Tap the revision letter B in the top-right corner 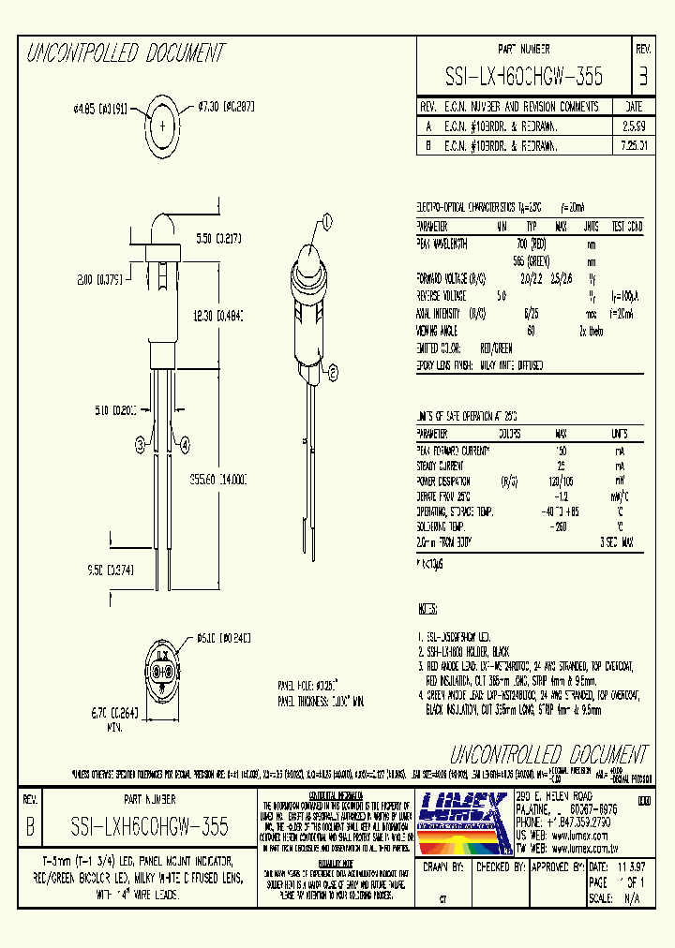[642, 76]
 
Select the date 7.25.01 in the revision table [633, 147]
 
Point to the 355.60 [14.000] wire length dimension [218, 478]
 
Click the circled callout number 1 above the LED [328, 221]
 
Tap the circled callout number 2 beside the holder [331, 372]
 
